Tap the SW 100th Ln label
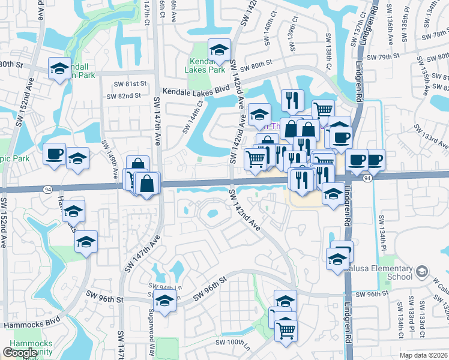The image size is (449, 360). click(233, 344)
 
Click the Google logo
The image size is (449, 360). click(20, 353)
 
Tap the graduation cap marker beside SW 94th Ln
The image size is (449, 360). click(164, 301)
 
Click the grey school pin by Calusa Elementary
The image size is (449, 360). click(423, 272)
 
